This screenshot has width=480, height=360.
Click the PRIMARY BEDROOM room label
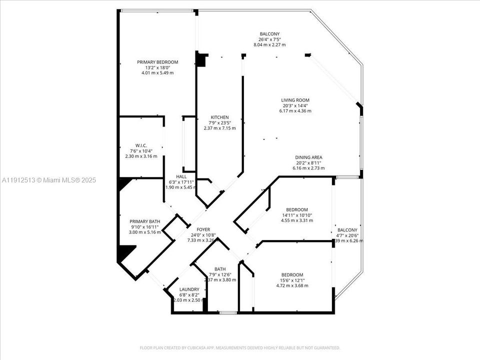pyautogui.click(x=157, y=62)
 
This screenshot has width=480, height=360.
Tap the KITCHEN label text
pyautogui.click(x=219, y=117)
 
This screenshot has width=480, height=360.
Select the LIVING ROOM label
pyautogui.click(x=295, y=100)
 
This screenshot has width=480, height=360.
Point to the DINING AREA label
pyautogui.click(x=308, y=157)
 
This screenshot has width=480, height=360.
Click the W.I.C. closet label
pyautogui.click(x=141, y=145)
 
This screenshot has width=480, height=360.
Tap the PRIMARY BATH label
pyautogui.click(x=145, y=221)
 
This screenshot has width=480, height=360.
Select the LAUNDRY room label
pyautogui.click(x=189, y=289)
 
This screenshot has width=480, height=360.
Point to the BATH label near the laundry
pyautogui.click(x=220, y=269)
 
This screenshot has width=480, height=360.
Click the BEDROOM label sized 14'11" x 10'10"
pyautogui.click(x=296, y=209)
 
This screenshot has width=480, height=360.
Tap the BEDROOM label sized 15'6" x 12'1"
pyautogui.click(x=292, y=275)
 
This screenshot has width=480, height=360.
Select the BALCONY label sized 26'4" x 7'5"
pyautogui.click(x=269, y=34)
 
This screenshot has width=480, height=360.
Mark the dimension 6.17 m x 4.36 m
pyautogui.click(x=295, y=111)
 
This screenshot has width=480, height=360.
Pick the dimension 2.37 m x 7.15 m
pyautogui.click(x=219, y=128)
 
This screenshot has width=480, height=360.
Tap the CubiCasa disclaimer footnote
pyautogui.click(x=239, y=347)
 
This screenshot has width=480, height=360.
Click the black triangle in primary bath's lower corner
pyautogui.click(x=125, y=252)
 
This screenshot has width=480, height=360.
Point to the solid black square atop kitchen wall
pyautogui.click(x=202, y=60)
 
